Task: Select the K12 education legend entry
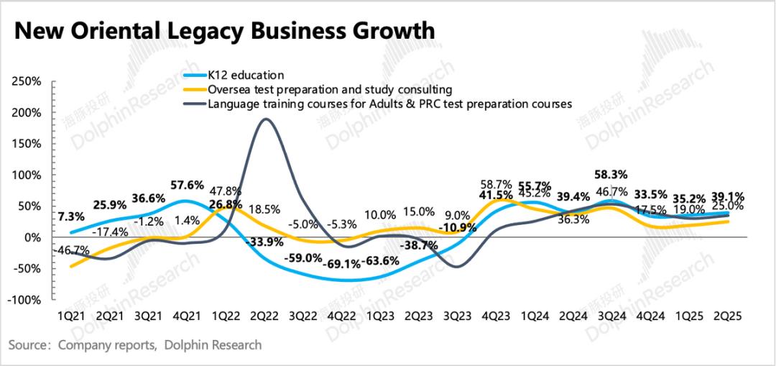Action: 246,75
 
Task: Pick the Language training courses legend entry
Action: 389,104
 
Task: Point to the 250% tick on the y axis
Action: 27,82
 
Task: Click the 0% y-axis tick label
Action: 33,237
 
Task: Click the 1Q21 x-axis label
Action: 72,315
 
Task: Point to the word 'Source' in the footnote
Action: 28,345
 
